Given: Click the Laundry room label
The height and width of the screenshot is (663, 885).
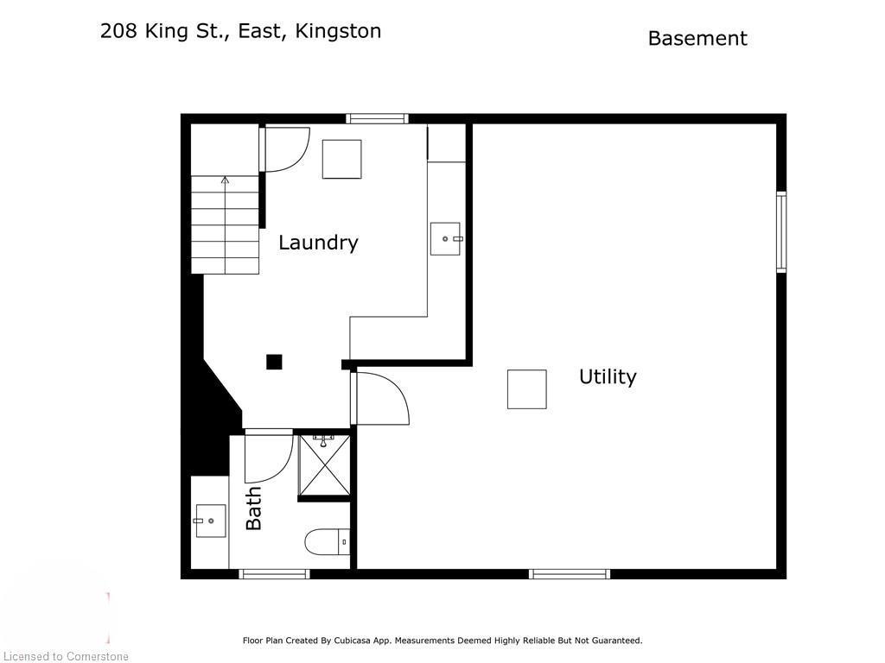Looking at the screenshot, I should (318, 243).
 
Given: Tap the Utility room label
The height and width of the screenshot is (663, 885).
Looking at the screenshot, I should (608, 376).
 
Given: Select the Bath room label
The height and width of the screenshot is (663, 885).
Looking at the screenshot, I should (254, 508).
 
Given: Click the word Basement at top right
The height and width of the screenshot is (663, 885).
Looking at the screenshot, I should (697, 39).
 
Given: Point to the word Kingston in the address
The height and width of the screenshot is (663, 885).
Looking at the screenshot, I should (338, 31).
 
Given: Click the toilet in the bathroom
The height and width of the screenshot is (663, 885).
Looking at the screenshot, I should (327, 542).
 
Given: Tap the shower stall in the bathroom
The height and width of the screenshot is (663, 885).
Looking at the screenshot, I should (324, 465).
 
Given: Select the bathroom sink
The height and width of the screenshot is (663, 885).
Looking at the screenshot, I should (210, 521).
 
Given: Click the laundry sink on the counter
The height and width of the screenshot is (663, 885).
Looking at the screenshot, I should (446, 238).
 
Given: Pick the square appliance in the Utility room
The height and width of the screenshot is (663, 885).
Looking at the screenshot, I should (526, 388).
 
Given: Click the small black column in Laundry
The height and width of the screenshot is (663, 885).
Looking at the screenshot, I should (274, 362).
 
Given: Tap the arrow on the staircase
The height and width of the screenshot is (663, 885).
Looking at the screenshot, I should (225, 180).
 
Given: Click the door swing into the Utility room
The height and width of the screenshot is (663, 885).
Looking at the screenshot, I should (383, 398).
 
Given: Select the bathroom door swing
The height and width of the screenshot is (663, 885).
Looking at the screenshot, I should (268, 458).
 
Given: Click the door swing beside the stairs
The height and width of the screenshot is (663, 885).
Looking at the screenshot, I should (287, 148).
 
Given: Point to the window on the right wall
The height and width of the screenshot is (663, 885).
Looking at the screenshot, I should (780, 231).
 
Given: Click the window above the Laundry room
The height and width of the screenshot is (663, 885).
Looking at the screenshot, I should (377, 118).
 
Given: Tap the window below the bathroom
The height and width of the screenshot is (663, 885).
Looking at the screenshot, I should (274, 573).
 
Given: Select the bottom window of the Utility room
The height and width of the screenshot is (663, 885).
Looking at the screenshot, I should (569, 573).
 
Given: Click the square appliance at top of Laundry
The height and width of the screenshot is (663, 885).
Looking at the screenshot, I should (341, 159).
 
